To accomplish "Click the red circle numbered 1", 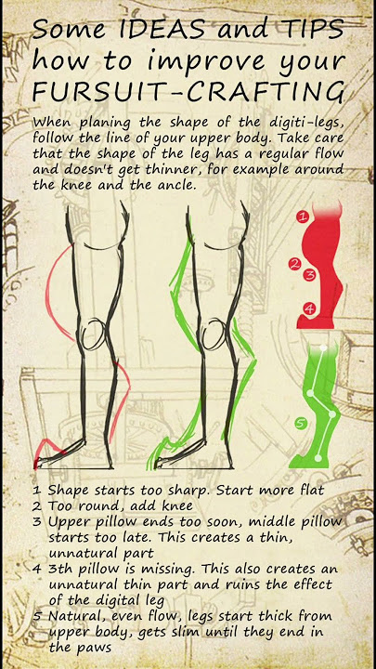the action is (x=303, y=216).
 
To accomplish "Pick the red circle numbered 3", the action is (x=310, y=275).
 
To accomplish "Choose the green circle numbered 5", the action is (x=301, y=424).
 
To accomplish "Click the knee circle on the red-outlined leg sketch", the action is (x=94, y=334).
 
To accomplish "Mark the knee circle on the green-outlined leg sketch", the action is (x=214, y=334).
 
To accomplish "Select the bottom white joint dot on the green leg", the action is (x=318, y=458).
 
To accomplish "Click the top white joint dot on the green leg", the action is (x=323, y=348).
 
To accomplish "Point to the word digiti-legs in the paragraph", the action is (x=305, y=124).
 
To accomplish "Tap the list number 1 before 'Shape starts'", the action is (x=37, y=491).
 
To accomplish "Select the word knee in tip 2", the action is (x=175, y=506).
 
